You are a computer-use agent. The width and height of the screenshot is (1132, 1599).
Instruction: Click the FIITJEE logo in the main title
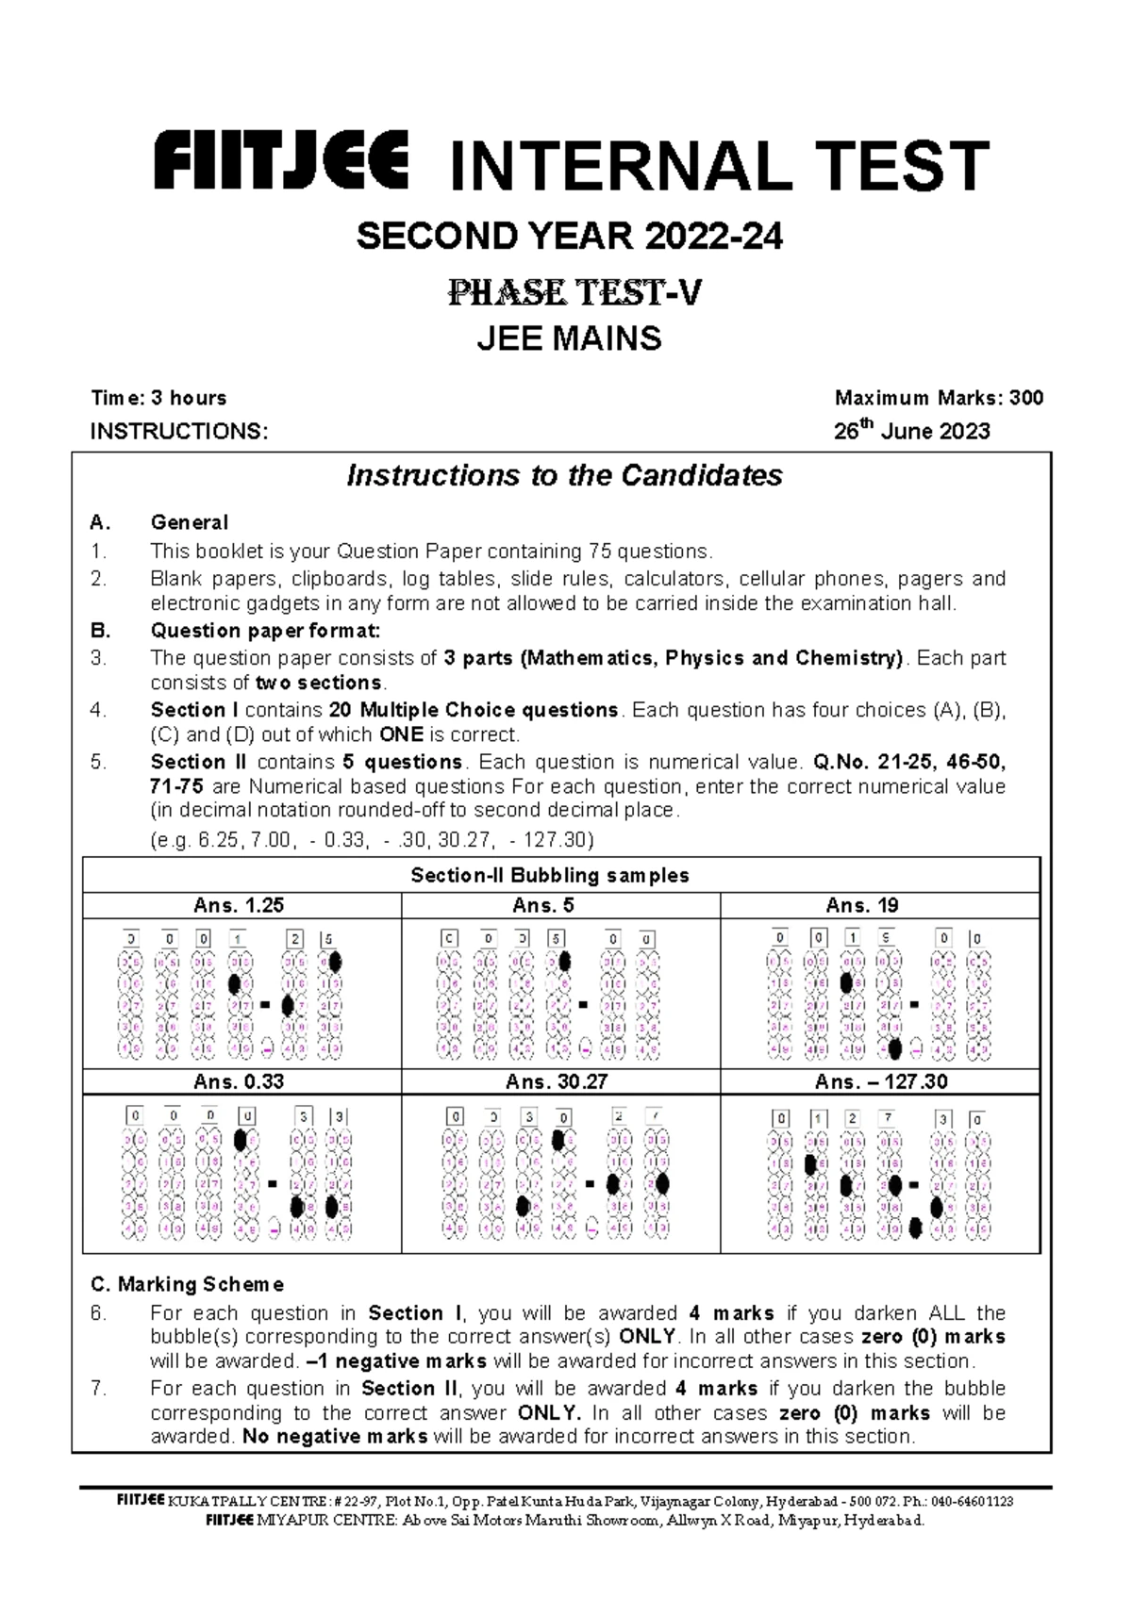pos(281,162)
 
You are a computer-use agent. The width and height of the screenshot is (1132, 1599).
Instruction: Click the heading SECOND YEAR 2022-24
pos(569,239)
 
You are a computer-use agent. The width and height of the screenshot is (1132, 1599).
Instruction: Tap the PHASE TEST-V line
pos(574,294)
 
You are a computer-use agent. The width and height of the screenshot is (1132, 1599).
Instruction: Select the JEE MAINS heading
pos(569,338)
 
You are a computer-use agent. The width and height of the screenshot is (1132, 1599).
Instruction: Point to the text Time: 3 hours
pos(158,398)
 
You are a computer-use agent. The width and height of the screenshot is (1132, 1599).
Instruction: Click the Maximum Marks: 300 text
pos(939,398)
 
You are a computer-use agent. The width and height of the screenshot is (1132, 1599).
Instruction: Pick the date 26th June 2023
pos(911,432)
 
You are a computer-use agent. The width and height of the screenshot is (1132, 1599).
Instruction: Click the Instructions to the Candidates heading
pos(564,475)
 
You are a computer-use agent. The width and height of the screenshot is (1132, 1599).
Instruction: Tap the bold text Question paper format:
pos(265,631)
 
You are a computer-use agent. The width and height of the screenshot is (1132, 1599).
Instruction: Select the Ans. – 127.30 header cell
pos(881,1081)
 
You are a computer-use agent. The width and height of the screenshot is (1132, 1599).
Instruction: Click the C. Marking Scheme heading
pos(187,1284)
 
